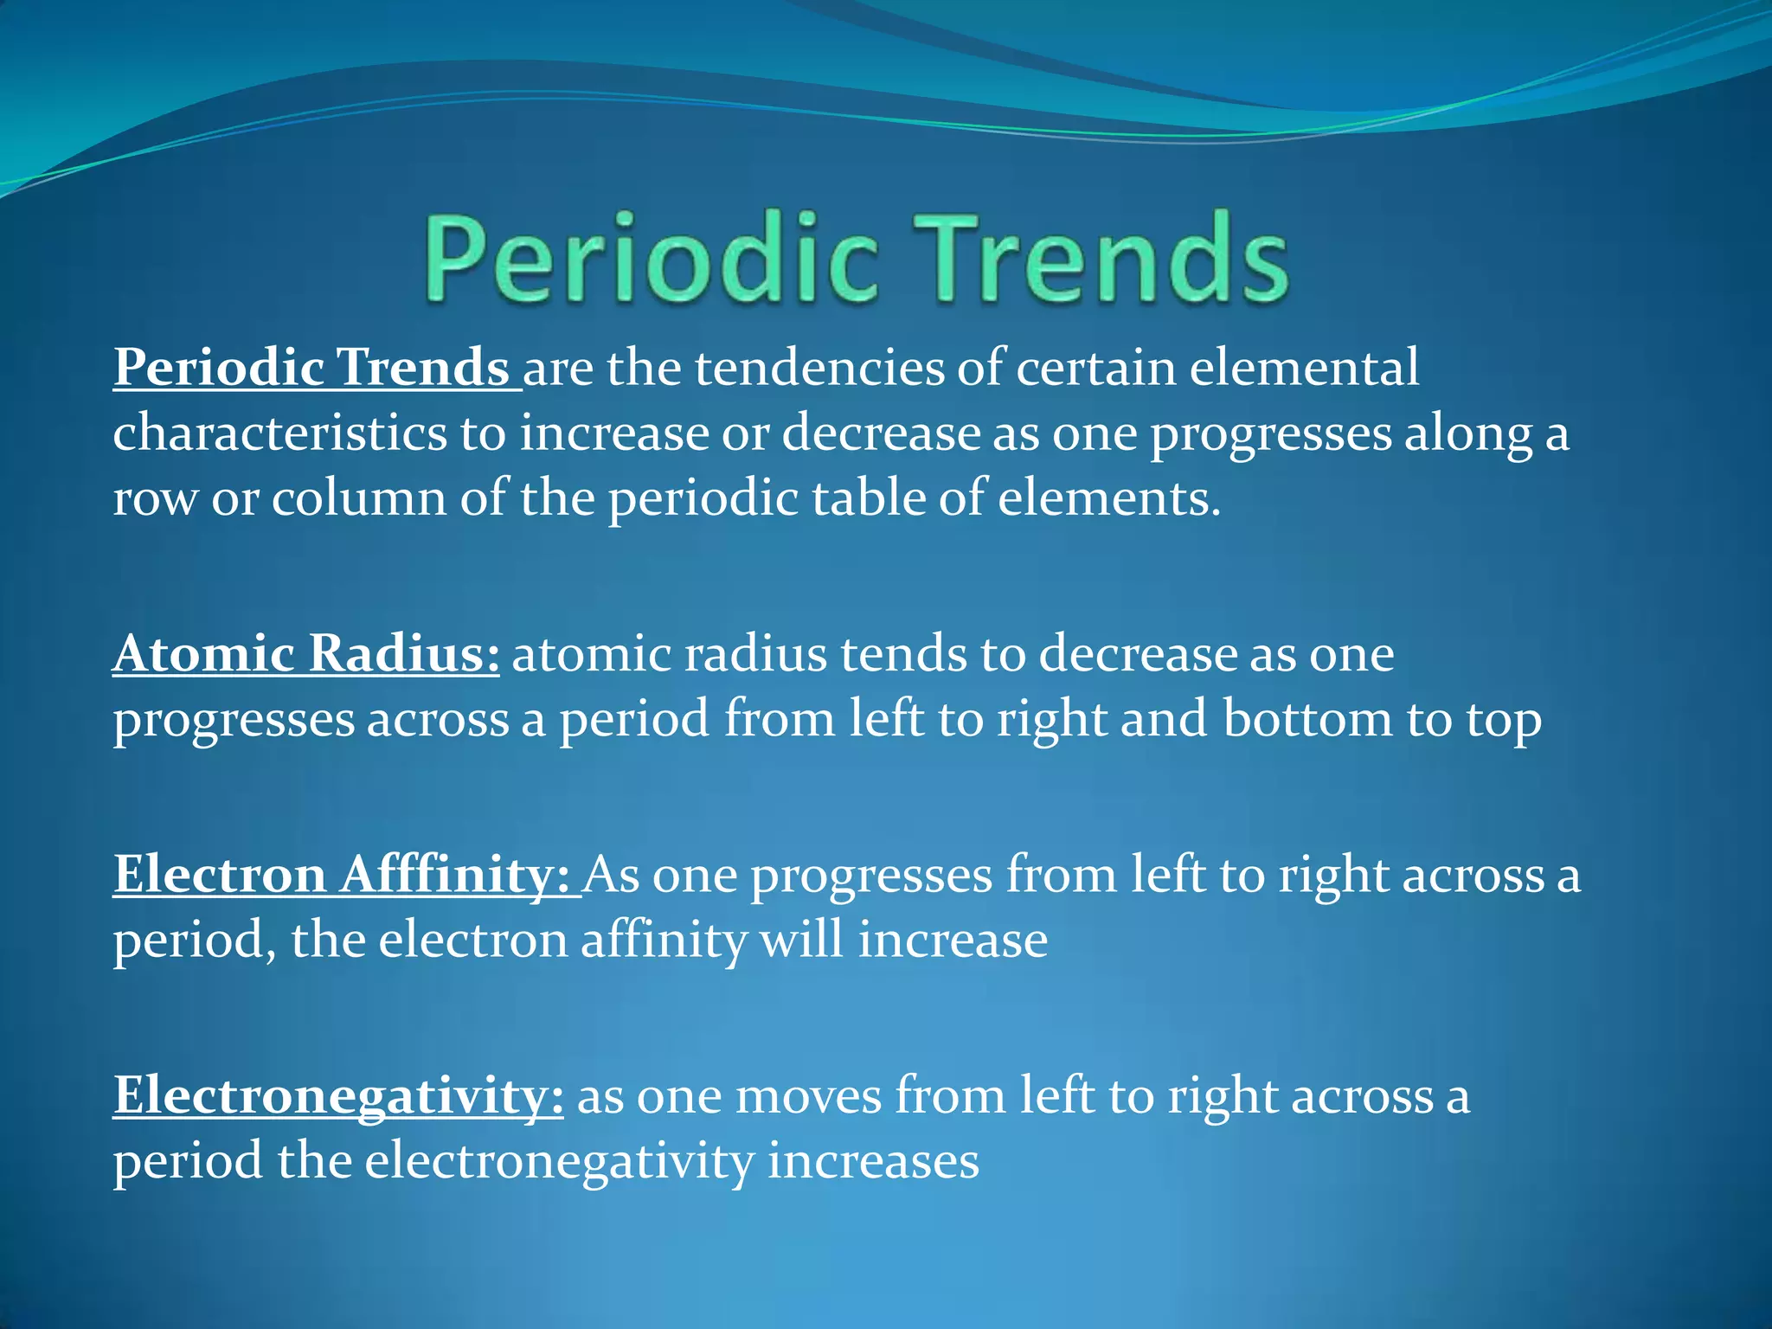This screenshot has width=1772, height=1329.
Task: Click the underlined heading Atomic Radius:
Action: (306, 653)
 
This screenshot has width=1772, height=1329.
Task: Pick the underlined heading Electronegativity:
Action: (338, 1096)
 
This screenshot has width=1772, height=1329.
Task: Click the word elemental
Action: (1304, 368)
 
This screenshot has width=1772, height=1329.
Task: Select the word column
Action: (358, 498)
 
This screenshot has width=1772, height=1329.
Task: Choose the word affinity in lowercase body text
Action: (663, 941)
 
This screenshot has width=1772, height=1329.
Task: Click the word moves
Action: (808, 1096)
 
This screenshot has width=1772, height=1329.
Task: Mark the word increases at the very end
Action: (873, 1161)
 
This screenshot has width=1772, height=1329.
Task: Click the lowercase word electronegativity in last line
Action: (559, 1161)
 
